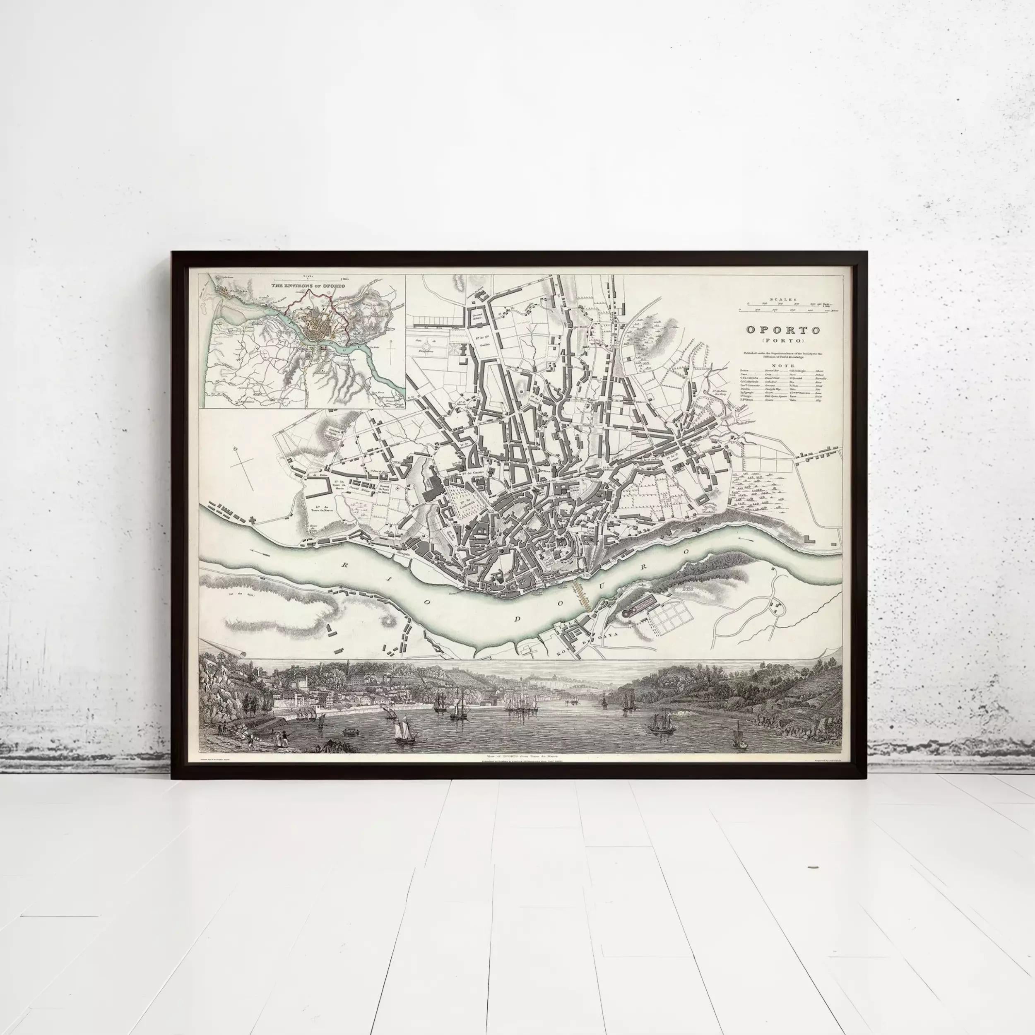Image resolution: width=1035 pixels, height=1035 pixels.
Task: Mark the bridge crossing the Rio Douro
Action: [582, 598]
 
